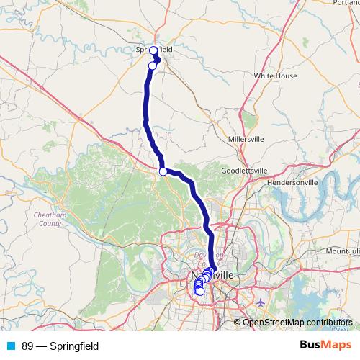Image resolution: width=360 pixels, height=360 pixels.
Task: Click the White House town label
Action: click(x=276, y=75)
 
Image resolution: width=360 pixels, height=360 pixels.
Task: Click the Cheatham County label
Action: click(x=48, y=220)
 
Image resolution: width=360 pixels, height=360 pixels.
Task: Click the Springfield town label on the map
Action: click(x=154, y=50)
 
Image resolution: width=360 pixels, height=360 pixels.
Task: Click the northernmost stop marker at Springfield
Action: click(x=153, y=50)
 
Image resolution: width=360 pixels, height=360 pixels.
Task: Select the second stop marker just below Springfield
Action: click(x=153, y=66)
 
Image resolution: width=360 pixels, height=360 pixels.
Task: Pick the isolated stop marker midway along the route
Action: click(x=163, y=171)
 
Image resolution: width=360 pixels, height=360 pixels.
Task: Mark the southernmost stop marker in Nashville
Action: click(x=200, y=292)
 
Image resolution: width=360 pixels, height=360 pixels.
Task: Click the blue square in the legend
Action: click(x=11, y=346)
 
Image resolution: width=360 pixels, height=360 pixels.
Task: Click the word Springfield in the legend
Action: click(x=74, y=346)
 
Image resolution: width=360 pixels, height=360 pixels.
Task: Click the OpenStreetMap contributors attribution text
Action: click(x=296, y=322)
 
